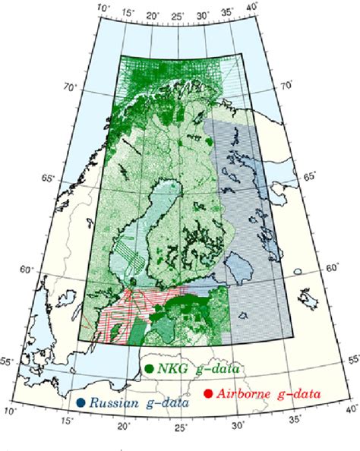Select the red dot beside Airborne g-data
pos(207,393)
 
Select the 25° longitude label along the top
pos(178,16)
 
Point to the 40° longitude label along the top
pos(251,8)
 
